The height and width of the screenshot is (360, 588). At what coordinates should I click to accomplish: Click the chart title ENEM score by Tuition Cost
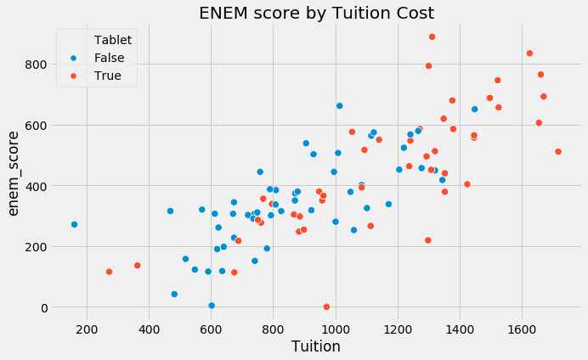(x=316, y=13)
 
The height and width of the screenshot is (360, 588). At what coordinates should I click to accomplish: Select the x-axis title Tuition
(x=316, y=346)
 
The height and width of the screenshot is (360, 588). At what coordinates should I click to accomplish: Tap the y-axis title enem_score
(x=14, y=173)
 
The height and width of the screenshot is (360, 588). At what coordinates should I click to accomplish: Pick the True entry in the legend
(x=108, y=76)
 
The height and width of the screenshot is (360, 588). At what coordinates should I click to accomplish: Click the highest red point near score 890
(x=432, y=37)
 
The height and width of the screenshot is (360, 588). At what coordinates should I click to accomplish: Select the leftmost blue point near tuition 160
(x=74, y=224)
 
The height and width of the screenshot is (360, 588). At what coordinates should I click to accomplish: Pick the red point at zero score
(x=326, y=307)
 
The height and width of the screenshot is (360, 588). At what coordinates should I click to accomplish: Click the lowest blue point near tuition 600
(x=212, y=306)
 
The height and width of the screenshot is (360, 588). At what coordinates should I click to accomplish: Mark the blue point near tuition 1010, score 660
(x=339, y=106)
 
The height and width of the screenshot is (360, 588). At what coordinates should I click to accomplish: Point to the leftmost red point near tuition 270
(x=109, y=272)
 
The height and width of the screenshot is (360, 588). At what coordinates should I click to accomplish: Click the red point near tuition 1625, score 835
(x=529, y=53)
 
